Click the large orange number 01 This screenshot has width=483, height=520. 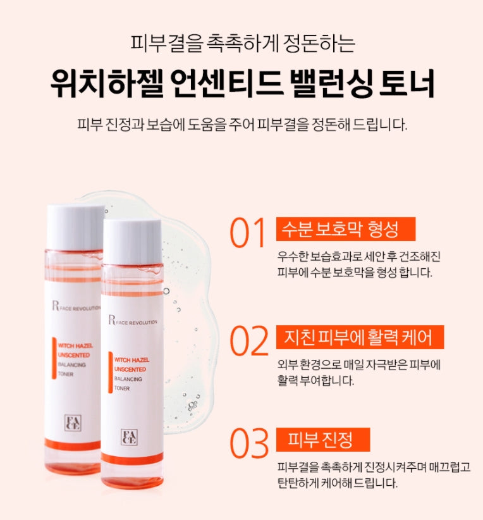click(x=248, y=233)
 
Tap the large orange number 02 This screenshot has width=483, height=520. click(x=248, y=341)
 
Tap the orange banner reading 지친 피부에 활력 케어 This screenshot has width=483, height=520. click(x=360, y=337)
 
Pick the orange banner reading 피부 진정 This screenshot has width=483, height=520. click(x=323, y=439)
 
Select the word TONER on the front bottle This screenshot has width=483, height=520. click(x=123, y=388)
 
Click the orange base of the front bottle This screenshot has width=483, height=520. click(x=132, y=481)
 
